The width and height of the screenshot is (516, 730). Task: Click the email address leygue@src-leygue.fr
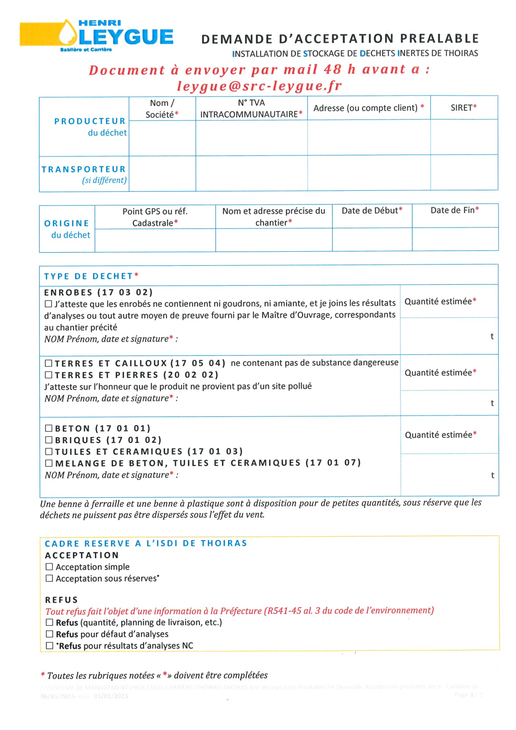[259, 86]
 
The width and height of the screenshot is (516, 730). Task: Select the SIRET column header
[464, 108]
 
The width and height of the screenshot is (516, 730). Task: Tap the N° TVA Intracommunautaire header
[251, 108]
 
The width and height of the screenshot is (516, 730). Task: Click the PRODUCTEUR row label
[90, 121]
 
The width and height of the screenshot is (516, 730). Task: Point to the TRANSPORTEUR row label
[84, 169]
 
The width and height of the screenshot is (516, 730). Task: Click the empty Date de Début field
[372, 240]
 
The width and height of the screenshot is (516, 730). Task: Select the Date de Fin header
[454, 210]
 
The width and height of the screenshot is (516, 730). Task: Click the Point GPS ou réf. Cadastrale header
[155, 217]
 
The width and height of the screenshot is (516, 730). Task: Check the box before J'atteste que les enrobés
[48, 304]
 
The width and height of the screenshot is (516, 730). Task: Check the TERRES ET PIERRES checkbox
[49, 375]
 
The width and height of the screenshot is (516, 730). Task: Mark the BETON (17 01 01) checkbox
[49, 428]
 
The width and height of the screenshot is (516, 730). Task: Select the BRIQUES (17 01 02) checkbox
[49, 440]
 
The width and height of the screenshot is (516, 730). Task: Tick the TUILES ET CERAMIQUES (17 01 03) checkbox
[49, 452]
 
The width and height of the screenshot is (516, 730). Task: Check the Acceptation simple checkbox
[49, 567]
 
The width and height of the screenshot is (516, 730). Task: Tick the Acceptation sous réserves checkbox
[49, 578]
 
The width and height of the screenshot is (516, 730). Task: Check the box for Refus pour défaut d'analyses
[49, 634]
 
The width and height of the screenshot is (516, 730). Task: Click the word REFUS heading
[61, 600]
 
